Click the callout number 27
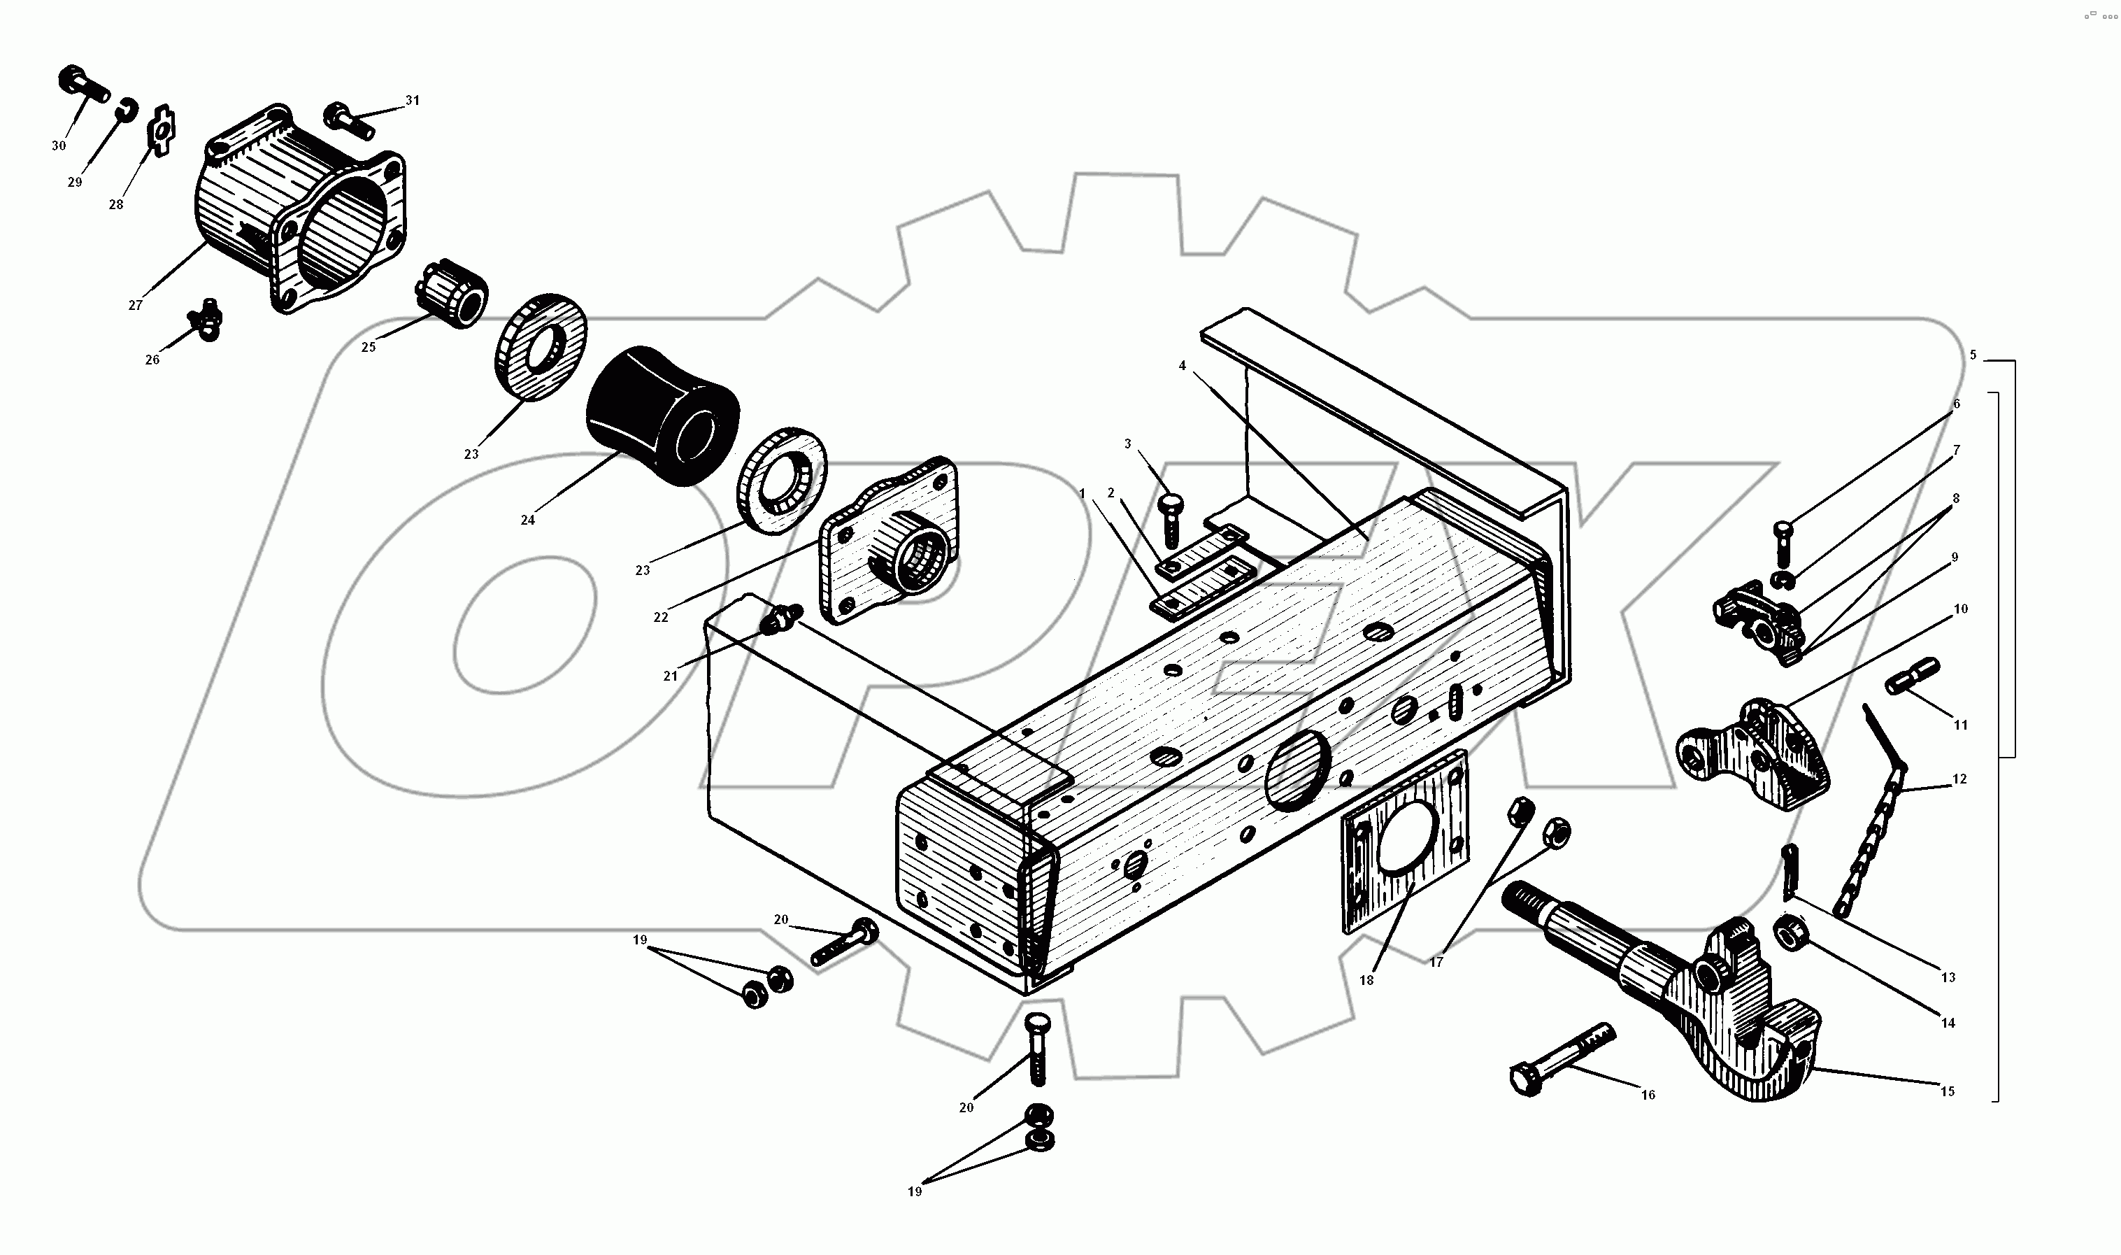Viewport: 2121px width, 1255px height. (x=135, y=305)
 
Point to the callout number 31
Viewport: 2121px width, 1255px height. (x=412, y=100)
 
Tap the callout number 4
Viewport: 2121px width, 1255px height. (x=1182, y=365)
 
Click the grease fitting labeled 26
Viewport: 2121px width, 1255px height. (x=205, y=319)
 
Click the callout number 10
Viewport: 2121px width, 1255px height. (x=1960, y=608)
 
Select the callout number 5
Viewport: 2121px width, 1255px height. (x=1973, y=355)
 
